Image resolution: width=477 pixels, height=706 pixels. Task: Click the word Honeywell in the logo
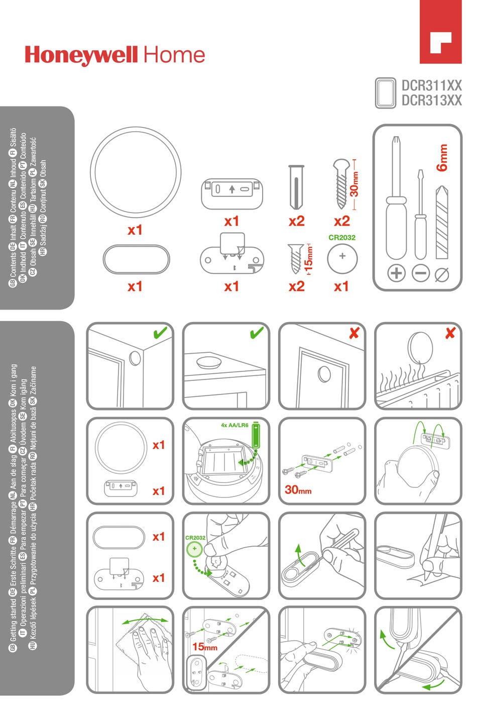82,55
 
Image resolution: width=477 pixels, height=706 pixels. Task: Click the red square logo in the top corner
440,32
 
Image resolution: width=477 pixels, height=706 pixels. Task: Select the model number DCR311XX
431,85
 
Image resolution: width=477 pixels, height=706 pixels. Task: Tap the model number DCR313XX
431,100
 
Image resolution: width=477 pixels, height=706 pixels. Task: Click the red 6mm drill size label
442,158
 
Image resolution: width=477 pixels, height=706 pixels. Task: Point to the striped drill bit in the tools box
441,222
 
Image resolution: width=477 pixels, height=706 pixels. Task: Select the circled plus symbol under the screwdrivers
396,273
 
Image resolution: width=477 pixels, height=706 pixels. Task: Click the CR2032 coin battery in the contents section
342,259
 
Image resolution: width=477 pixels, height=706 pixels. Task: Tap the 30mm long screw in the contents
341,184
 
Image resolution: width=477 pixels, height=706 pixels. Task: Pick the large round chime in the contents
135,172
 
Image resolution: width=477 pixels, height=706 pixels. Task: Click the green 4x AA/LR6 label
234,425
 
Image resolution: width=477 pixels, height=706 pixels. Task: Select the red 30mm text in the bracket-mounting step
298,489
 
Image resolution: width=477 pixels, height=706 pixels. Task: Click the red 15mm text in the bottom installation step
205,646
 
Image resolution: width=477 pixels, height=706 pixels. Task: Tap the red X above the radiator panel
450,333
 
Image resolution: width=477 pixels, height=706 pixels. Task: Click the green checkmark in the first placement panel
160,333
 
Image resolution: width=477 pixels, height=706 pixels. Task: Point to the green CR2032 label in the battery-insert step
195,538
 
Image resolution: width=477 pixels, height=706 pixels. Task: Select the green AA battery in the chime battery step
256,436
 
